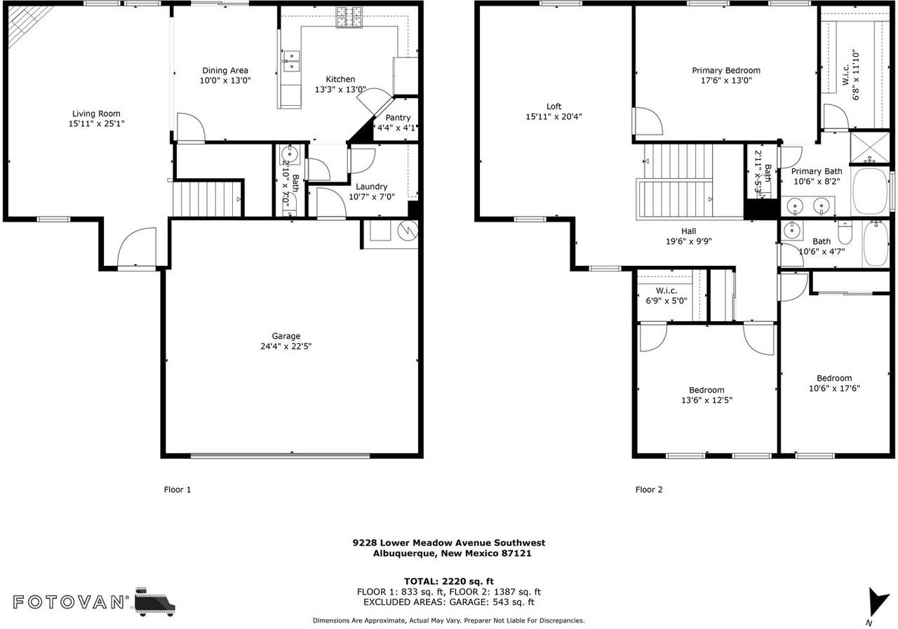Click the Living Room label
(96, 114)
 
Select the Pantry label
(398, 118)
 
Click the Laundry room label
(371, 187)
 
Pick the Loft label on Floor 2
(554, 107)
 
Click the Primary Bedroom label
(725, 70)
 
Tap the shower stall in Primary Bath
(869, 147)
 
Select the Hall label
(688, 231)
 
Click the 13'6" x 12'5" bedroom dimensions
(706, 400)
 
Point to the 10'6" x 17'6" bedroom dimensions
(834, 388)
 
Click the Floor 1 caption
(177, 490)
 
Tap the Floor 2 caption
(649, 490)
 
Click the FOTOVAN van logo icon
(154, 602)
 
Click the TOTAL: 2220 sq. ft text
(448, 581)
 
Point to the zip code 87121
(516, 553)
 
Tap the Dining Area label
(224, 70)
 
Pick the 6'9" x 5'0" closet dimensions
(666, 301)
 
